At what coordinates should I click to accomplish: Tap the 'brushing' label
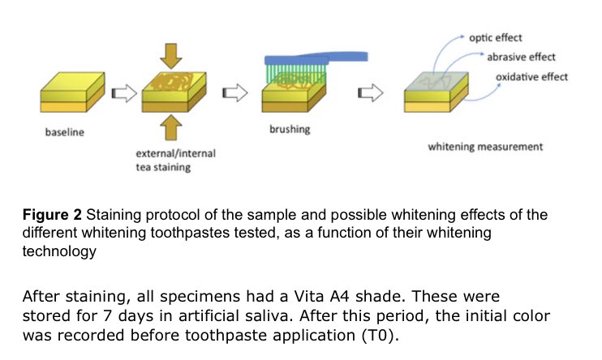289,129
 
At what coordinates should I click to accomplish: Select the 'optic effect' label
496,38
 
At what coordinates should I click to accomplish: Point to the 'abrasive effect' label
521,57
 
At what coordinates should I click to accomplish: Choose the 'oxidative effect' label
531,77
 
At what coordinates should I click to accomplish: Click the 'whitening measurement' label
485,147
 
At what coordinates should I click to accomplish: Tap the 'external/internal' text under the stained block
176,152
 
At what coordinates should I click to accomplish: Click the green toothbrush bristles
291,70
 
